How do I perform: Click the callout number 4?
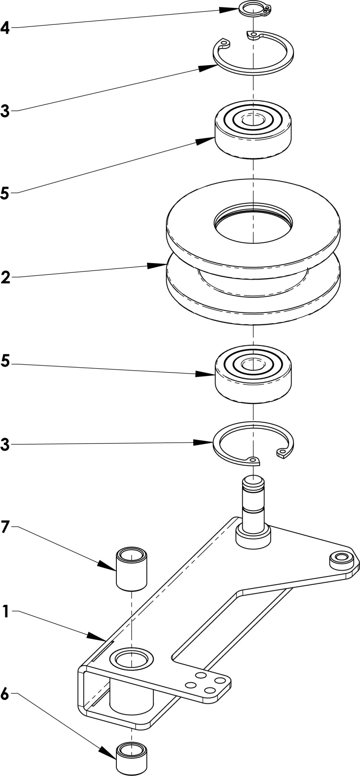point(5,28)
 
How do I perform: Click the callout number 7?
point(5,527)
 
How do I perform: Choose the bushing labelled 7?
point(132,568)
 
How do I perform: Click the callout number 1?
point(5,612)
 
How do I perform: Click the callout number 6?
point(5,694)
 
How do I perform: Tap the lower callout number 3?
point(5,445)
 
